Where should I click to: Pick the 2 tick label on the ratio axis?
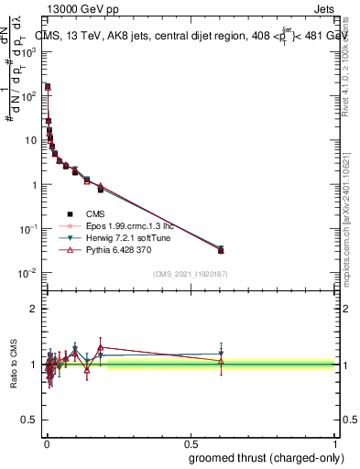32,309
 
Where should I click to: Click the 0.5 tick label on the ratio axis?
28,420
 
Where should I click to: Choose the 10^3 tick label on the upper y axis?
28,52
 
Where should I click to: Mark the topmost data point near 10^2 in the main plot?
48,87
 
